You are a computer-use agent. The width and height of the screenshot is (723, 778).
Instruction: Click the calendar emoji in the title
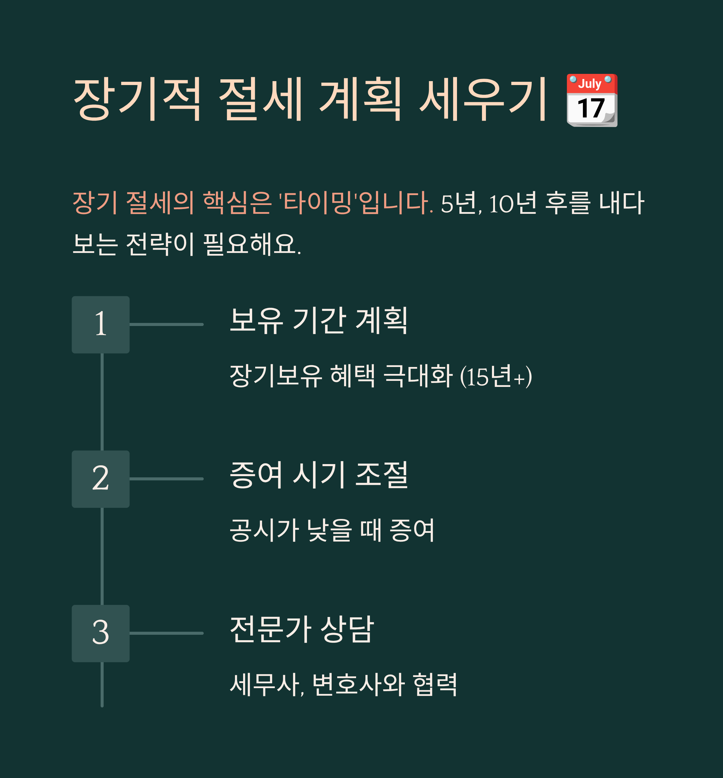tap(592, 100)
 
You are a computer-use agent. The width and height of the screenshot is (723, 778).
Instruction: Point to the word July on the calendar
tap(590, 83)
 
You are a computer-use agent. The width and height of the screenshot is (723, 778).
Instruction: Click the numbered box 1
tap(101, 324)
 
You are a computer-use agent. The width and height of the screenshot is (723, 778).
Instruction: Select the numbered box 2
tap(101, 479)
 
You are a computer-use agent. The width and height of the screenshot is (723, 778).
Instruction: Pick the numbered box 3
tap(101, 633)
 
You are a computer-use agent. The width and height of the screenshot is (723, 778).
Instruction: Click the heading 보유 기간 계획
tap(319, 321)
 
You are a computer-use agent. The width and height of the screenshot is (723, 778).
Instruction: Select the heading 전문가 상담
tap(302, 629)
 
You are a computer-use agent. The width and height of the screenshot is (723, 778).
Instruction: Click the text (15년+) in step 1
tap(496, 376)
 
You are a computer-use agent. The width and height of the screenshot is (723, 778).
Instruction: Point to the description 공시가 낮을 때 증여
tap(332, 530)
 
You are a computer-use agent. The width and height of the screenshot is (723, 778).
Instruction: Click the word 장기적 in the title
tap(137, 100)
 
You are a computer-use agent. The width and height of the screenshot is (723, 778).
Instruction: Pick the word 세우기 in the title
tap(483, 100)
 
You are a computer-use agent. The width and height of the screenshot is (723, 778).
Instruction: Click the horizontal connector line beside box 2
tap(166, 479)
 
